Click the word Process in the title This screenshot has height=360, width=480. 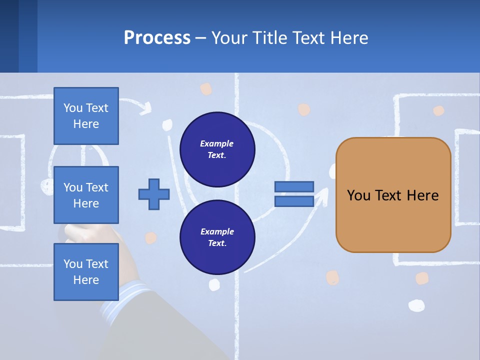(x=157, y=38)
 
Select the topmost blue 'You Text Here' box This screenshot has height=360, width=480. (x=86, y=116)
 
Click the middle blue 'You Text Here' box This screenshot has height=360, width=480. (x=86, y=195)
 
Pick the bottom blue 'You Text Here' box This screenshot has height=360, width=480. (x=86, y=271)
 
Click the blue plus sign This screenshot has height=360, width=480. (x=154, y=193)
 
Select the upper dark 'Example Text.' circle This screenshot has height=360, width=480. (x=217, y=149)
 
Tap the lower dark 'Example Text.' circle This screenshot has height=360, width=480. (x=217, y=237)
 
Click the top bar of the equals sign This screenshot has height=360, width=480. (x=294, y=186)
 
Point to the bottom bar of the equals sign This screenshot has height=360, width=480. (x=294, y=201)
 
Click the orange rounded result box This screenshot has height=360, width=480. (x=393, y=220)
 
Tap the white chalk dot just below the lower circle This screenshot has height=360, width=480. (x=214, y=284)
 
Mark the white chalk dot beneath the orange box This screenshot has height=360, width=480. (x=416, y=305)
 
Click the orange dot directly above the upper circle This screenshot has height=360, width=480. (x=206, y=89)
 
